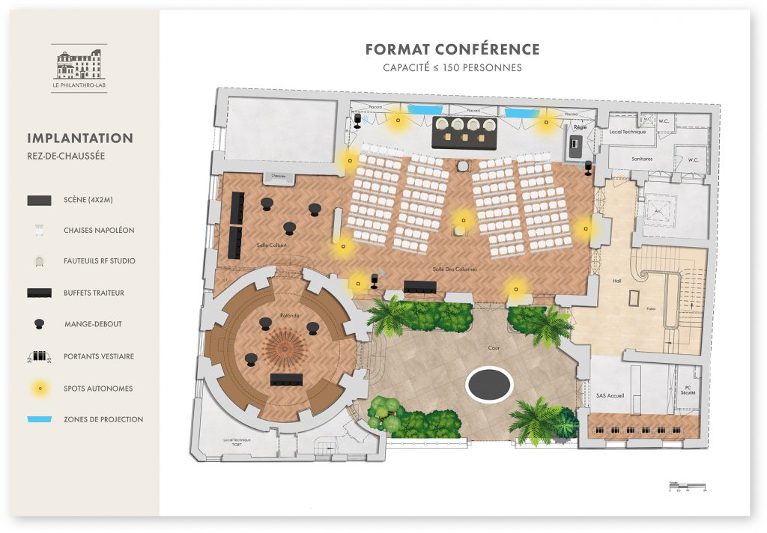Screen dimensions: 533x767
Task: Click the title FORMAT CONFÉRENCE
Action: [x=452, y=49]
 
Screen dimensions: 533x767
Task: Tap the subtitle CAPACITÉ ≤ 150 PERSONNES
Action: [x=452, y=67]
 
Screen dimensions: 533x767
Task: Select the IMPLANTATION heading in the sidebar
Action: [x=80, y=138]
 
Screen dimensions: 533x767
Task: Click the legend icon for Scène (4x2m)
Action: [x=39, y=200]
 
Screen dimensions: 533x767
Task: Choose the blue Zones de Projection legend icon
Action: [x=39, y=419]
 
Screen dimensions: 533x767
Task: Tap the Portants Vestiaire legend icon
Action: [x=39, y=356]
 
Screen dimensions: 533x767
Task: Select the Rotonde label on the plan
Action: [x=290, y=315]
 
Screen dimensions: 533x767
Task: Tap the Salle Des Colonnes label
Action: [x=455, y=268]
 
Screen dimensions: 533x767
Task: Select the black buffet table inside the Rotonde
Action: [x=286, y=379]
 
